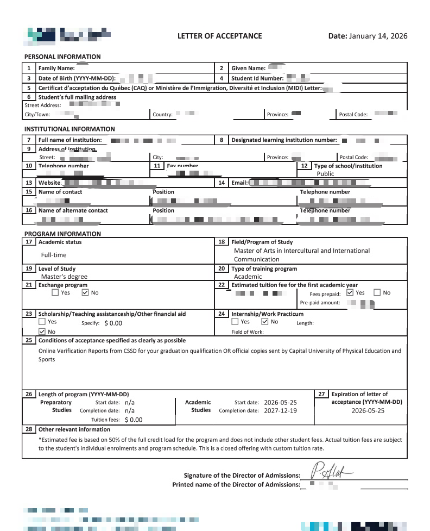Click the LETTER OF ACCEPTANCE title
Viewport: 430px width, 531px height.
pyautogui.click(x=219, y=36)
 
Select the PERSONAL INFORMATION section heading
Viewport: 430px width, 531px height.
pyautogui.click(x=62, y=57)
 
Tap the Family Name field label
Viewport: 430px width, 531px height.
pyautogui.click(x=56, y=68)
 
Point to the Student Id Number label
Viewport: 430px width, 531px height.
pyautogui.click(x=257, y=78)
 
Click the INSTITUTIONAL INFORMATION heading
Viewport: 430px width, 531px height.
pyautogui.click(x=69, y=129)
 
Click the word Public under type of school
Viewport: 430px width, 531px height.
pyautogui.click(x=326, y=174)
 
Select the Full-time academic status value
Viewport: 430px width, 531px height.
pyautogui.click(x=54, y=254)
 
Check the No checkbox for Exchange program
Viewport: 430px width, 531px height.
pyautogui.click(x=85, y=292)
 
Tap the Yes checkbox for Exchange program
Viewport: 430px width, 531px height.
pyautogui.click(x=55, y=292)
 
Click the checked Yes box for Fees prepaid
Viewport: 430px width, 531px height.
pyautogui.click(x=350, y=292)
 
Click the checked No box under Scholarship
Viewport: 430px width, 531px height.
pyautogui.click(x=42, y=332)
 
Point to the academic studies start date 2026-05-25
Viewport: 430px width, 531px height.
pyautogui.click(x=280, y=403)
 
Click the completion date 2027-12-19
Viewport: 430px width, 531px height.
pyautogui.click(x=280, y=411)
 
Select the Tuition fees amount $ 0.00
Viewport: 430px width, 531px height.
pyautogui.click(x=133, y=420)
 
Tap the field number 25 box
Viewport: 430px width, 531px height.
pyautogui.click(x=29, y=340)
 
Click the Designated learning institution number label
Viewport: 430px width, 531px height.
pyautogui.click(x=284, y=140)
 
